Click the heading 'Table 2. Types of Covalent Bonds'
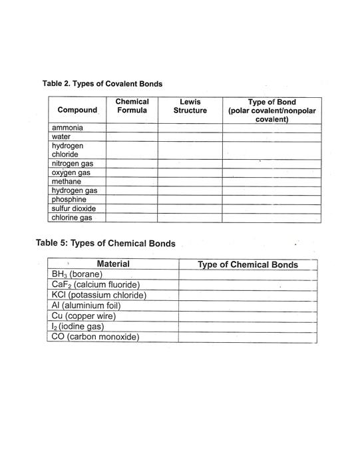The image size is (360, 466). [x=102, y=84]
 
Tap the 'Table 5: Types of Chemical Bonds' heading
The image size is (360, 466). [x=105, y=244]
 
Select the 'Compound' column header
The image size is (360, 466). [x=77, y=110]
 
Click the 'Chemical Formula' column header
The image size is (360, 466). [x=132, y=106]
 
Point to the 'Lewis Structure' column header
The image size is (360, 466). [x=190, y=106]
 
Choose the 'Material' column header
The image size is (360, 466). [x=113, y=264]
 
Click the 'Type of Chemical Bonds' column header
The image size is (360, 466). [x=248, y=265]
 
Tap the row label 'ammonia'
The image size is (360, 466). [x=67, y=127]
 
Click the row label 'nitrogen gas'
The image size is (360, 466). [x=73, y=163]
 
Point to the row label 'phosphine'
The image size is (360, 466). [x=69, y=199]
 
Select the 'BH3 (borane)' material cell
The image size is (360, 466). [x=75, y=274]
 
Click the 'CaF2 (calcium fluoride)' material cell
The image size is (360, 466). [x=95, y=285]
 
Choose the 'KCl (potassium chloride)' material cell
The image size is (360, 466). [x=98, y=295]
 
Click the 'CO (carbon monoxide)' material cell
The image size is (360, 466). [x=94, y=337]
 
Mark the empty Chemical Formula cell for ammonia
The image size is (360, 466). [x=132, y=127]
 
